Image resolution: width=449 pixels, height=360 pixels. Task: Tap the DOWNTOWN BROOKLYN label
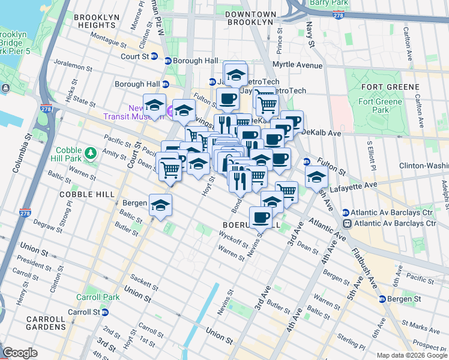click(250, 18)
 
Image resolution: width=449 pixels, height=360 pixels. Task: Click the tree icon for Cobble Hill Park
click(90, 154)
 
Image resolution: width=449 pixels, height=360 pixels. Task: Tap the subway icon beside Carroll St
click(105, 312)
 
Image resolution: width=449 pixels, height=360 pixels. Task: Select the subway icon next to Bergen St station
click(382, 299)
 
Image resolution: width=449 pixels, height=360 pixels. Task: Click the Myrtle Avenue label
click(298, 65)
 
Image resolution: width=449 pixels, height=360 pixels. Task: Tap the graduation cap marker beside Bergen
click(160, 205)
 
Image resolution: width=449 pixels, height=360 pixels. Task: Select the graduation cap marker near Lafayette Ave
click(316, 176)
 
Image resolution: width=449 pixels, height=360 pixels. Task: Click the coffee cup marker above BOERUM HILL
click(261, 217)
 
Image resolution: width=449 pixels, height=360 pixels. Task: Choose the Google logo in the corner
click(20, 353)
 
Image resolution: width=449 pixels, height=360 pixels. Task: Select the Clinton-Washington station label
click(420, 166)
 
